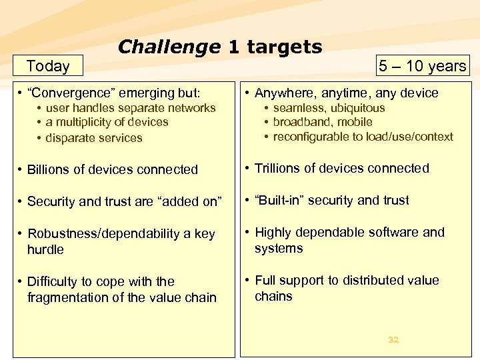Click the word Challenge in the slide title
pyautogui.click(x=169, y=47)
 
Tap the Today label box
pyautogui.click(x=48, y=65)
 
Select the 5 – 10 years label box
pyautogui.click(x=422, y=65)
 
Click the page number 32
pyautogui.click(x=393, y=339)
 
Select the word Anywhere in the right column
pyautogui.click(x=285, y=93)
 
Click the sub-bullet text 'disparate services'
pyautogui.click(x=94, y=138)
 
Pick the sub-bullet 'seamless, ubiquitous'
pyautogui.click(x=329, y=108)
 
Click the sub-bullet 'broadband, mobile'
pyautogui.click(x=323, y=122)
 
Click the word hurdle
pyautogui.click(x=45, y=249)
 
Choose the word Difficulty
pyautogui.click(x=54, y=281)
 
